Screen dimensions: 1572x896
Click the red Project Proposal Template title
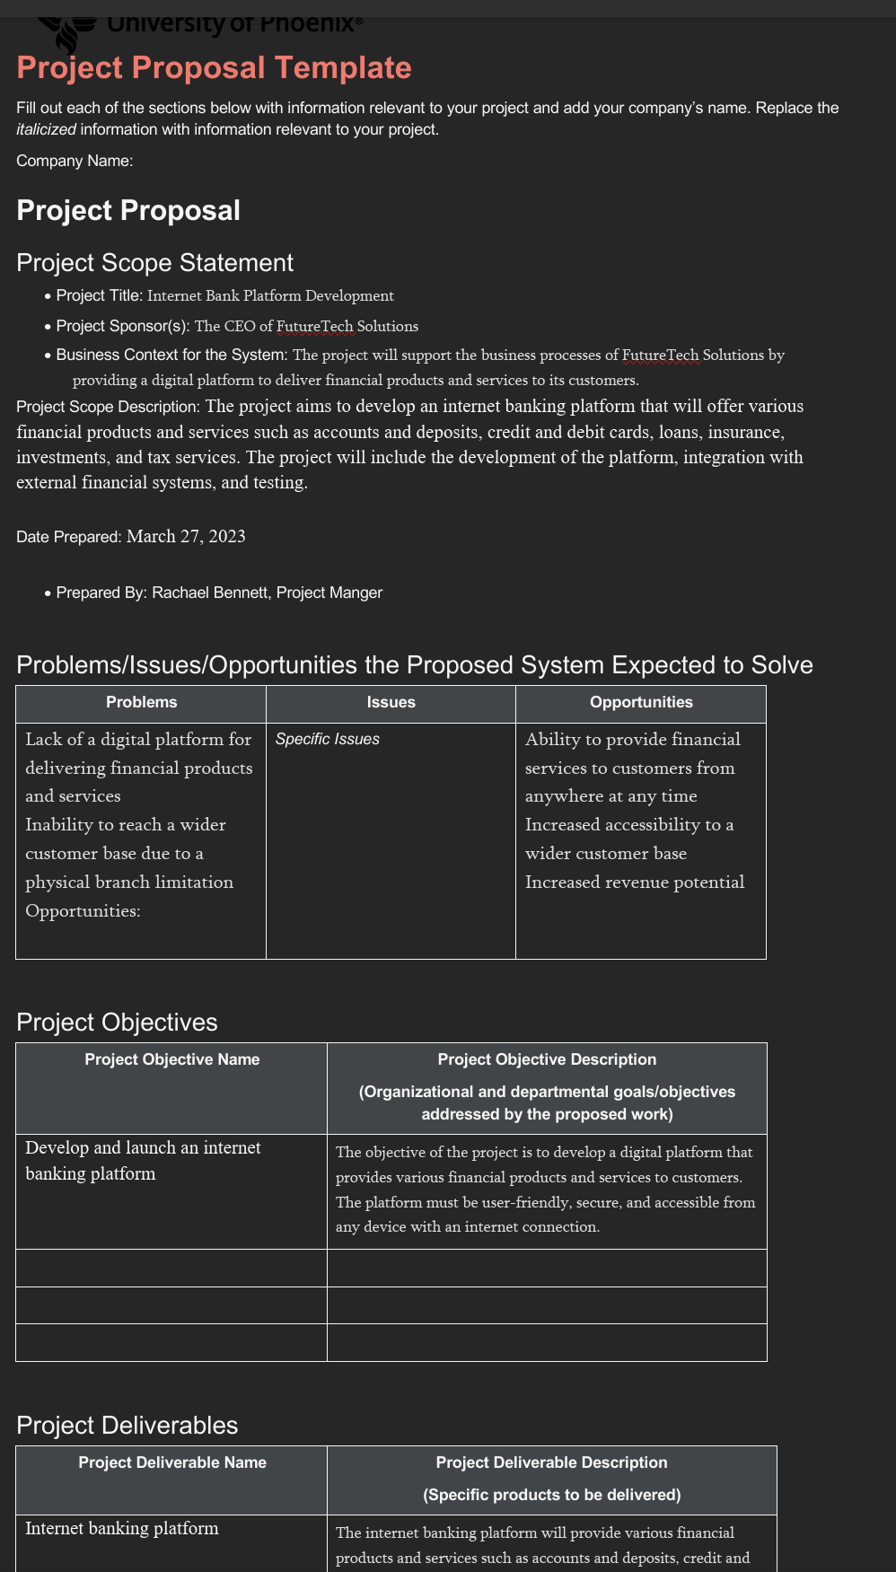[214, 68]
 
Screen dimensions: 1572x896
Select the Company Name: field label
[75, 162]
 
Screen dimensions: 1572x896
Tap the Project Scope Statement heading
[154, 263]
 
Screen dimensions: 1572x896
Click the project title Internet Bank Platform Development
[270, 296]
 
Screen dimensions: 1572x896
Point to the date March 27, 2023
[186, 537]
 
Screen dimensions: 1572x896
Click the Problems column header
[141, 703]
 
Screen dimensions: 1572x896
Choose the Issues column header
[391, 703]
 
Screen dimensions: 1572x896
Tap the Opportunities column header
[641, 703]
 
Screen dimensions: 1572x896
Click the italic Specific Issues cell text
[327, 740]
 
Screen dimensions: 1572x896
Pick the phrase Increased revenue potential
[635, 883]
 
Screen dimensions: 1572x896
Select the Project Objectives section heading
[117, 1023]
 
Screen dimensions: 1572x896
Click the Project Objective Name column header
[171, 1060]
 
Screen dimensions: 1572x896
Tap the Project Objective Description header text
[547, 1060]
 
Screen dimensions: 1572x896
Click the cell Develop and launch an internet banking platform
[143, 1161]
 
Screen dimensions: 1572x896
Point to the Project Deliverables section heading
[127, 1426]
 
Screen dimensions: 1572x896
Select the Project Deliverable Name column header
[171, 1463]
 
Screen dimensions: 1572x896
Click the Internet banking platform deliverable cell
[122, 1529]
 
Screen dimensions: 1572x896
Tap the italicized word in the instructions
[46, 130]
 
